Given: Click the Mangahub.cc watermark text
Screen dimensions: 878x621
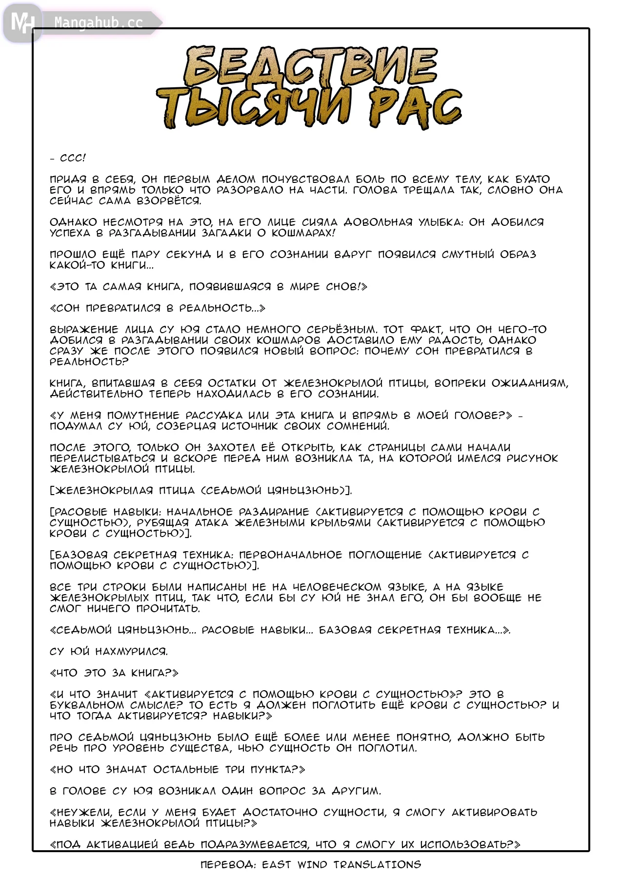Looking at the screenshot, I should click(99, 23).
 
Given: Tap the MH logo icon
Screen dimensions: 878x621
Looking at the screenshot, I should click(22, 22).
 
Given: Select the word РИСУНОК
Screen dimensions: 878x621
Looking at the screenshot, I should click(532, 459).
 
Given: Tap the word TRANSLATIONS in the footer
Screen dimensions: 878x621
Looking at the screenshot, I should click(377, 865).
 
